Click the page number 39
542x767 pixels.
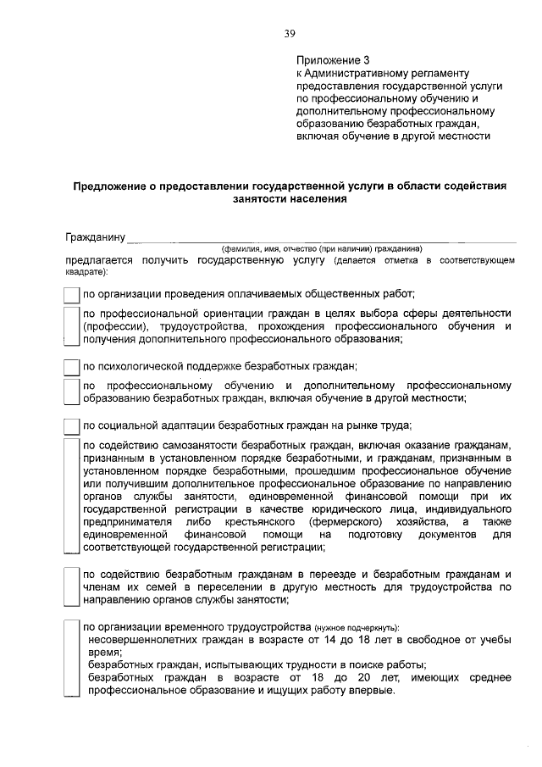point(290,34)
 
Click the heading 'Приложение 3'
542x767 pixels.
point(334,60)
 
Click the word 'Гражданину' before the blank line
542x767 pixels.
point(95,236)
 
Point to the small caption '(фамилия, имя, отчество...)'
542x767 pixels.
point(321,249)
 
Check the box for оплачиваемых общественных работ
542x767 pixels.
point(71,295)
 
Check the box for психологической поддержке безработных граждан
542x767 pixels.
point(71,367)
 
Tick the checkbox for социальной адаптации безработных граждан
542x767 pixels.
point(71,425)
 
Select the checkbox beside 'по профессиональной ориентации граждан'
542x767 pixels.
point(71,326)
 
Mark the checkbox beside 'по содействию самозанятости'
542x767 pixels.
point(71,495)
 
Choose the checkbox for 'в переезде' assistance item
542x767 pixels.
point(71,586)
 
